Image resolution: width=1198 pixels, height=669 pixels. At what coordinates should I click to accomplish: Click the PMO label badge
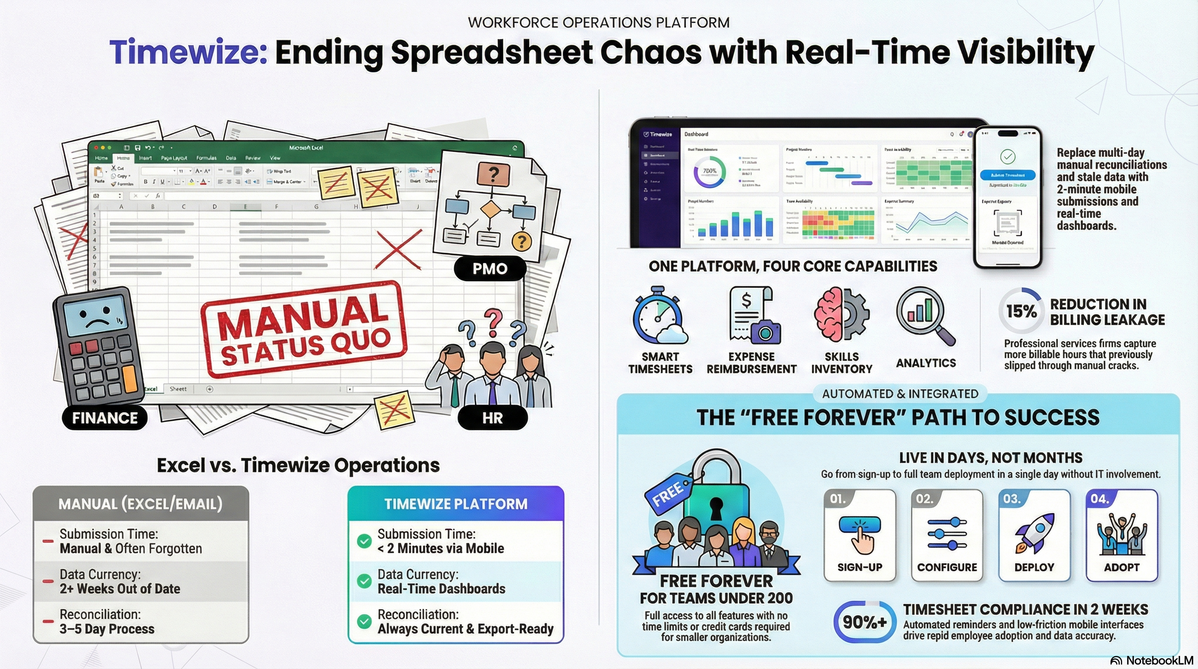[490, 268]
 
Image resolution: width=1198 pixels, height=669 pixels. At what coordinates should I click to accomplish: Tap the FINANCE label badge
[104, 418]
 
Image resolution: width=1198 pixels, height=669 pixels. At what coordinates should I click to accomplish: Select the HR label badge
[492, 418]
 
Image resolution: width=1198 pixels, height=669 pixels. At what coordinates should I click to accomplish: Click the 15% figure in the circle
[1021, 311]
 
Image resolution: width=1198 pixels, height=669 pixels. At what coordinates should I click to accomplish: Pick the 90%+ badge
[865, 622]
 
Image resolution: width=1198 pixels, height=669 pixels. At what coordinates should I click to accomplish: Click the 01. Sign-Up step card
[859, 535]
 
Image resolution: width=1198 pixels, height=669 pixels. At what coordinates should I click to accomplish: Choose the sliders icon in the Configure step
[947, 534]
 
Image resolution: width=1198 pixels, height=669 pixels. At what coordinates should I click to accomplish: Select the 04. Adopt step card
[1122, 535]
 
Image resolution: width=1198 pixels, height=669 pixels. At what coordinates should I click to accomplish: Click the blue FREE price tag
[668, 493]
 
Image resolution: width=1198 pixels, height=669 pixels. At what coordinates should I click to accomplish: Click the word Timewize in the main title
[188, 52]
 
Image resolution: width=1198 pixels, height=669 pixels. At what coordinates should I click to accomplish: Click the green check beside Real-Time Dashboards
[364, 581]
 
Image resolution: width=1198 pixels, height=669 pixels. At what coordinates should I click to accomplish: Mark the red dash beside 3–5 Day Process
[48, 622]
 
